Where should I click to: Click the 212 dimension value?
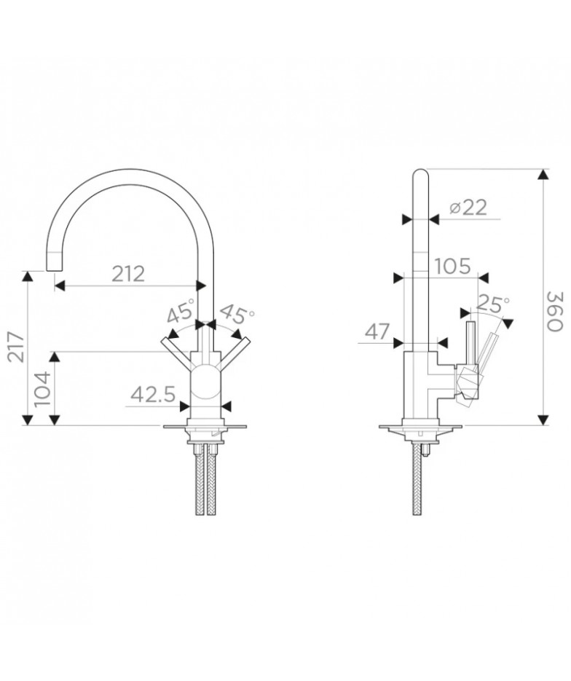click(x=128, y=274)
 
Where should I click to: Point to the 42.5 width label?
click(x=153, y=395)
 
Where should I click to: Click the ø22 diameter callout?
click(x=468, y=208)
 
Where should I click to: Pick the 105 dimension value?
click(x=452, y=266)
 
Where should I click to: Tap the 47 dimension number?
click(x=377, y=332)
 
